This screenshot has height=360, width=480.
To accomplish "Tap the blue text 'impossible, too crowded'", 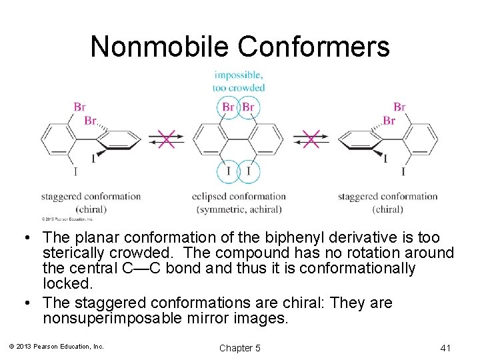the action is [239, 81].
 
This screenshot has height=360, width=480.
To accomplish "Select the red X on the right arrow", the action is [311, 139].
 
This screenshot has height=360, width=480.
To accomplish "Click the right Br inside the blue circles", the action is [249, 107].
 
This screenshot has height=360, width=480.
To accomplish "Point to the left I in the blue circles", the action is [229, 171].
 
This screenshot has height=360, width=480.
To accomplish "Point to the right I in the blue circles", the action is [249, 171].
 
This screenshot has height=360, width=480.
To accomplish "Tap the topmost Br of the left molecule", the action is [79, 107].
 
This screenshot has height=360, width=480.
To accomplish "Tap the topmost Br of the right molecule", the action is [399, 107].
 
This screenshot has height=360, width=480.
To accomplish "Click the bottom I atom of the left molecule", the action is [75, 172].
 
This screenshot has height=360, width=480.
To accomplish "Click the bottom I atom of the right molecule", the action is [403, 172].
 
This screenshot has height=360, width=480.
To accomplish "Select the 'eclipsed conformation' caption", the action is [239, 197].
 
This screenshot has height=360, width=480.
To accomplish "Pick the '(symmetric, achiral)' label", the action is [239, 209].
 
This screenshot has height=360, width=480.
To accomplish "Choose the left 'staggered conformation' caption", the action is [91, 197].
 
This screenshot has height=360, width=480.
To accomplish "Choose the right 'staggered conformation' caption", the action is [388, 197].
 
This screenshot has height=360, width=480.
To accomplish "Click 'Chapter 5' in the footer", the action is [239, 348].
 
